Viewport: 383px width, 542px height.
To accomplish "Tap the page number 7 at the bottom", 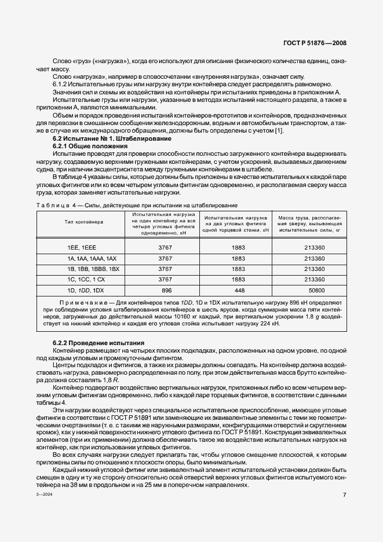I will (x=344, y=495).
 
